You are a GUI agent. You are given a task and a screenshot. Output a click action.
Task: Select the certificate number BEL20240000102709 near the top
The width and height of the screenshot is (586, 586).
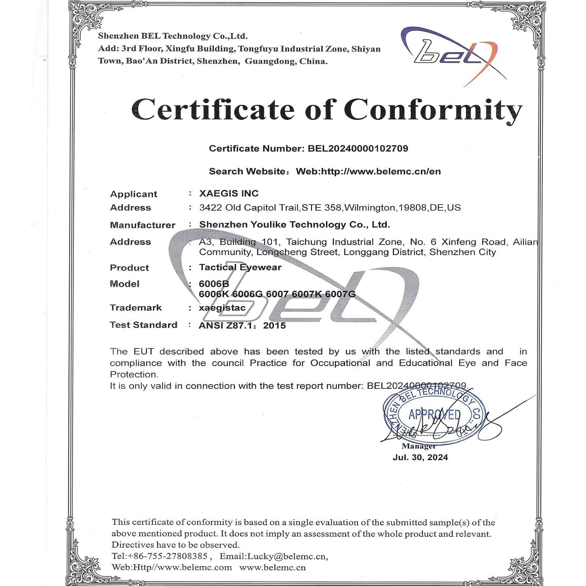[358, 148]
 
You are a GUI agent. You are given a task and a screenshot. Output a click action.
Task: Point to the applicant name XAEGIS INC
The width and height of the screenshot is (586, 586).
[229, 193]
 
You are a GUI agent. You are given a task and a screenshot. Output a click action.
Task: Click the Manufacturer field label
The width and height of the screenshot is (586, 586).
[143, 225]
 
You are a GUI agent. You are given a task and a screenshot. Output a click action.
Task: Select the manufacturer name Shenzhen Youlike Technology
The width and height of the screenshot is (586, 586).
[294, 225]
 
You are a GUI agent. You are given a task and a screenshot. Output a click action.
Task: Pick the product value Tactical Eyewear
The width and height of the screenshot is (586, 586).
[240, 267]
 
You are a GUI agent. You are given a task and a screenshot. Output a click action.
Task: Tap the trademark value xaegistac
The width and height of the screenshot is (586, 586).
[222, 308]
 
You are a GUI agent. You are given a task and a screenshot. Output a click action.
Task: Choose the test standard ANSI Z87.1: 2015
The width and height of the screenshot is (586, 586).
[242, 325]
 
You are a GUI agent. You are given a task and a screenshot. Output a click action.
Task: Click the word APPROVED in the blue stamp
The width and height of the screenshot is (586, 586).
[434, 414]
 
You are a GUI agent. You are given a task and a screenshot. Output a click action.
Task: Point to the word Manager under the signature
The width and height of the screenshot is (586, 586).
[418, 446]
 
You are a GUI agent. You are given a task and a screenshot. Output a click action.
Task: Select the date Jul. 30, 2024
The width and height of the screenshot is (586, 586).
[420, 457]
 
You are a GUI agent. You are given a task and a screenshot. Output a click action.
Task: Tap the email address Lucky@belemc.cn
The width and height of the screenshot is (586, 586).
[287, 556]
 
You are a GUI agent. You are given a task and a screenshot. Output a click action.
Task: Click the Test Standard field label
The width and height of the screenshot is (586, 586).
[143, 325]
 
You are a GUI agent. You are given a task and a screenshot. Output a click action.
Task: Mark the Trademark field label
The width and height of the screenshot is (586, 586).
[136, 308]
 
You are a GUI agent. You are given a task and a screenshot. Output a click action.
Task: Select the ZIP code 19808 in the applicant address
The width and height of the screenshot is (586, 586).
[412, 207]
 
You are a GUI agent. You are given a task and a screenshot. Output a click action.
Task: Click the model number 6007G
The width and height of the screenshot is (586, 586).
[340, 294]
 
